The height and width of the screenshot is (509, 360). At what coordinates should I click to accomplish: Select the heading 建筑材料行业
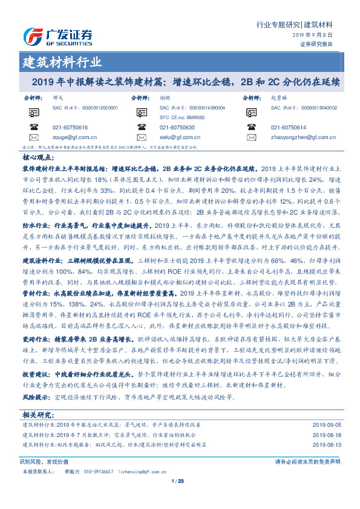point(62,62)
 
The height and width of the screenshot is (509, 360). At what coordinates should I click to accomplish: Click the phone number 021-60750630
point(177,128)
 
